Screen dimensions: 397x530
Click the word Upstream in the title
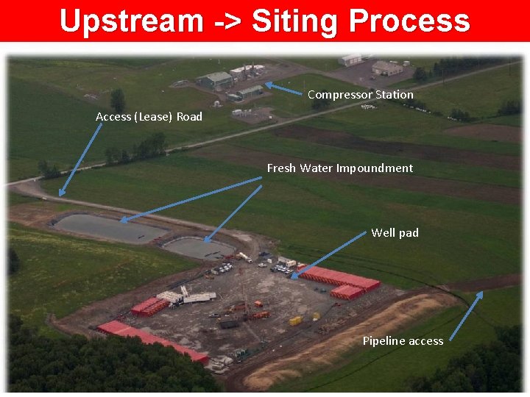coord(130,21)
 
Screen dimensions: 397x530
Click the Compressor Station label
coord(360,95)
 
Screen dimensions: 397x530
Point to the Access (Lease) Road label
coord(149,117)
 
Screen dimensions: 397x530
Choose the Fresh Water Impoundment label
coord(339,168)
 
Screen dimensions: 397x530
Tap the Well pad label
coord(395,233)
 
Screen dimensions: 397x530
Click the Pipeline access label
coord(403,341)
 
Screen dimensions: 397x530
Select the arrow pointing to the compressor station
coord(283,89)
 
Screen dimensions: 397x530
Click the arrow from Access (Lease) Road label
coord(81,159)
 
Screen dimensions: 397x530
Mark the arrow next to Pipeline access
coord(466,316)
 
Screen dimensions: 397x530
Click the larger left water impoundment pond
coord(110,228)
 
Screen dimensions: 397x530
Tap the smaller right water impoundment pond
coord(197,248)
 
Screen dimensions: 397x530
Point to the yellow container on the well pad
coord(295,321)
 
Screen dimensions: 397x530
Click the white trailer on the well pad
coord(197,297)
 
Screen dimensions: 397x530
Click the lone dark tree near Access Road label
coord(117,100)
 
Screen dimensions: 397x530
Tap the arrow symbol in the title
coord(227,21)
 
